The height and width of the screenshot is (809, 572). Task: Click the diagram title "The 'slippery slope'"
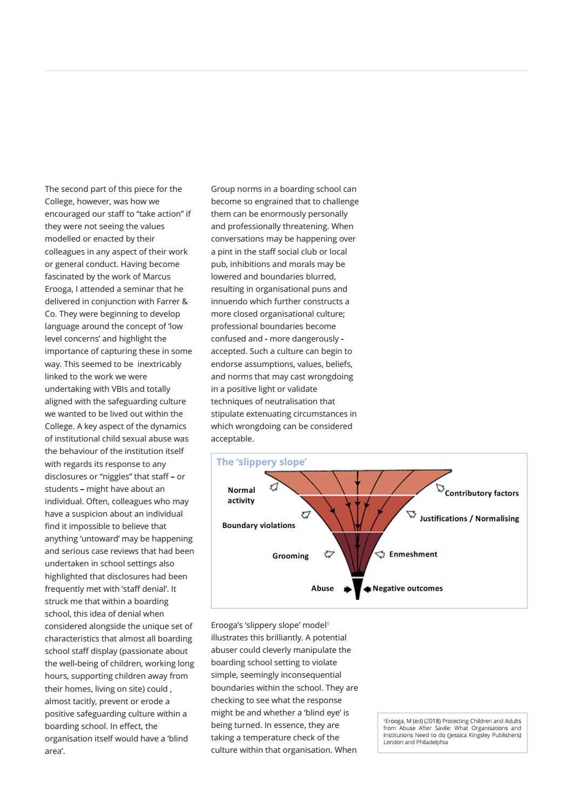[x=261, y=462]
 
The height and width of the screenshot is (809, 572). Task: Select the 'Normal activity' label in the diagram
[x=241, y=495]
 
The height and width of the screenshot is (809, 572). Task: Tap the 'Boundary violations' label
[x=259, y=525]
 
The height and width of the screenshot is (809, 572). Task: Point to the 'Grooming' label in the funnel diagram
[x=291, y=556]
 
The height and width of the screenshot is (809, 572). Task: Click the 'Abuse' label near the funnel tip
[x=322, y=589]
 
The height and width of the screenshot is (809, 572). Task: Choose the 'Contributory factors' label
[x=482, y=493]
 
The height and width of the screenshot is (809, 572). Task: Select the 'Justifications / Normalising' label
[x=469, y=519]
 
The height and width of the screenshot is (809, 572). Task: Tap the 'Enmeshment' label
[x=413, y=554]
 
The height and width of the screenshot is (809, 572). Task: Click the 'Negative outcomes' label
[x=408, y=589]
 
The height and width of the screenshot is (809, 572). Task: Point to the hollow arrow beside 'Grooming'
[x=329, y=554]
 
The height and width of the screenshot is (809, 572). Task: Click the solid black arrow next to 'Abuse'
[x=347, y=589]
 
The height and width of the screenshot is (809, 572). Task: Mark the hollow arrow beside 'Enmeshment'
[x=380, y=554]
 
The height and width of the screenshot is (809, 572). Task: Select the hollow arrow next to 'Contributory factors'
[x=440, y=488]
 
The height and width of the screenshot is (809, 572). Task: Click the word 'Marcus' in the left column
[x=157, y=277]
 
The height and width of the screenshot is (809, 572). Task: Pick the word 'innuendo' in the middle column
[x=228, y=302]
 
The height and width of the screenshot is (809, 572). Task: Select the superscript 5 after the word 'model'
[x=328, y=624]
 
